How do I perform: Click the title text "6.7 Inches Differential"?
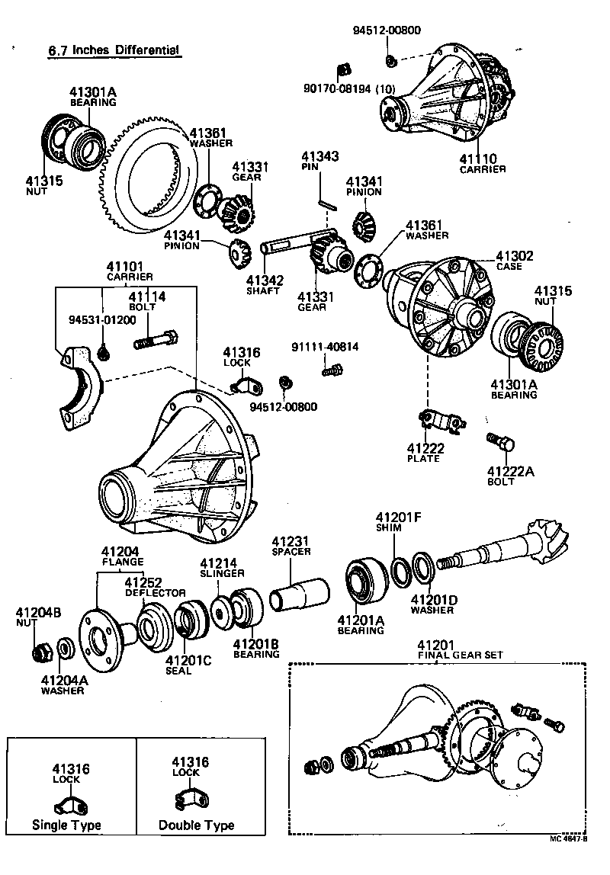pyautogui.click(x=114, y=52)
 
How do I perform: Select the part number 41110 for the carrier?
pyautogui.click(x=478, y=159)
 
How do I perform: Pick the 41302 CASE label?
pyautogui.click(x=515, y=261)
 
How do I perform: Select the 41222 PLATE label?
pyautogui.click(x=425, y=453)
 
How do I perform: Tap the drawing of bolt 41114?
pyautogui.click(x=156, y=339)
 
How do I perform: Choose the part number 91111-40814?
pyautogui.click(x=325, y=347)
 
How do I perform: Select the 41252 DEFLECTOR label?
pyautogui.click(x=155, y=587)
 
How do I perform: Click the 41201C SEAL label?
pyautogui.click(x=188, y=665)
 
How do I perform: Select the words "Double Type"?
pyautogui.click(x=196, y=825)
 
